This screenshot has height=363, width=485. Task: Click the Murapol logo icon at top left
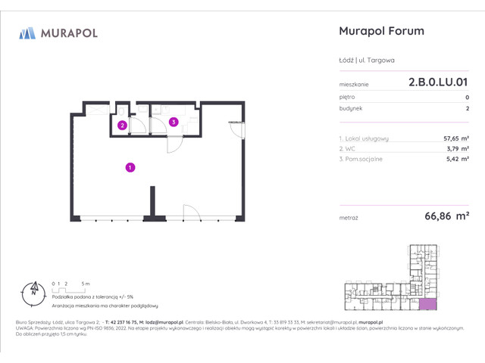tap(27, 33)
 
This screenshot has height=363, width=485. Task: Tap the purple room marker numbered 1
tap(130, 167)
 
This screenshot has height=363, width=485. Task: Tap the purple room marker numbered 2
tap(121, 126)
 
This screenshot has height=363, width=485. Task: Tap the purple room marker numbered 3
tap(174, 121)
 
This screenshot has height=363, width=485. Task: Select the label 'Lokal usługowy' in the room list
tap(367, 138)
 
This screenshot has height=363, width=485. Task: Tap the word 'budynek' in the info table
tap(350, 109)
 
